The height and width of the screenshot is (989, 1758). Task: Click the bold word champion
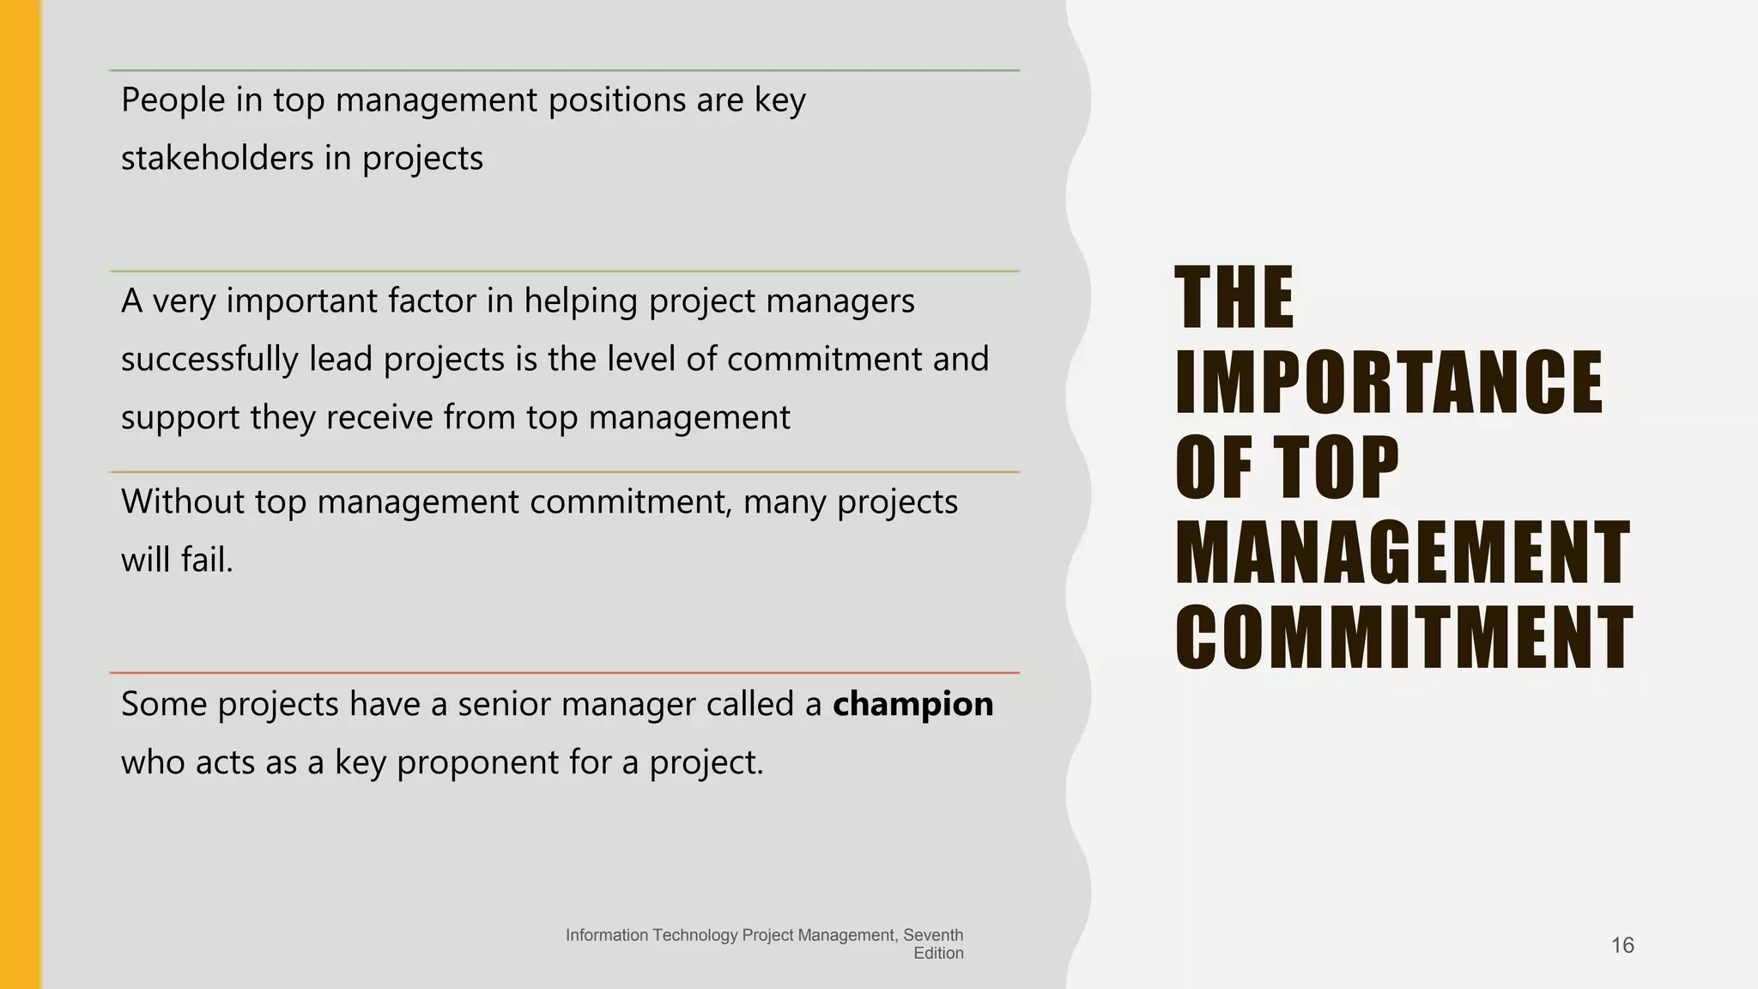912,705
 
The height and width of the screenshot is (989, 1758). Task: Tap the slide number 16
1622,945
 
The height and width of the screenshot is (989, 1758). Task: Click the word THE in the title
1234,298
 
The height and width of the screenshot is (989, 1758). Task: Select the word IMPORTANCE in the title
1388,383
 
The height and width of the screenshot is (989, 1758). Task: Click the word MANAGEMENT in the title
1402,553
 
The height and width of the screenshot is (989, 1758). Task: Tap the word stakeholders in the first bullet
216,159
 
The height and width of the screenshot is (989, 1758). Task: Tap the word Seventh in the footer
933,935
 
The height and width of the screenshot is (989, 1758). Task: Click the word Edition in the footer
938,953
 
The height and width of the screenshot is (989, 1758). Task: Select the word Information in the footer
606,935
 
